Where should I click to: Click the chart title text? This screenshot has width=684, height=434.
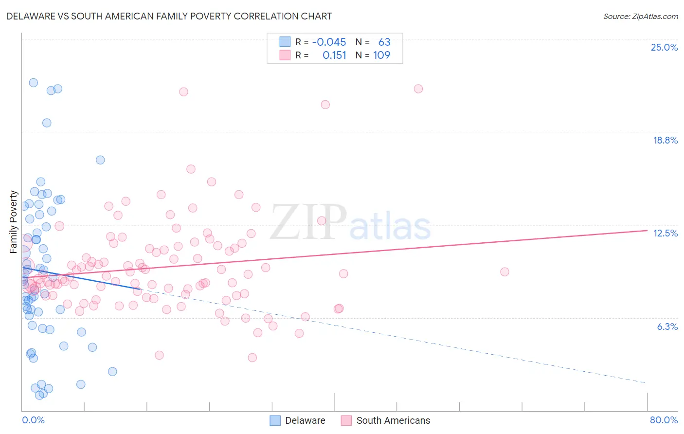click(x=169, y=16)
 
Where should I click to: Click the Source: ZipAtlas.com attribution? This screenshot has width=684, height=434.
click(x=640, y=16)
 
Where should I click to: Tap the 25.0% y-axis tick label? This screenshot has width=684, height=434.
click(x=664, y=47)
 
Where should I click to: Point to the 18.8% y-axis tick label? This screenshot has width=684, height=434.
click(x=665, y=140)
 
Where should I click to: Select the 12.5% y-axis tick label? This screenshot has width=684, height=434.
click(x=665, y=233)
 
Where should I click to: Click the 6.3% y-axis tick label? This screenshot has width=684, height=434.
click(x=667, y=326)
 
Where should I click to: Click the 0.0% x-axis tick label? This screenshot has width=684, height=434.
click(x=33, y=420)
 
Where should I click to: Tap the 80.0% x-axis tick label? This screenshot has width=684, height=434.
click(x=664, y=420)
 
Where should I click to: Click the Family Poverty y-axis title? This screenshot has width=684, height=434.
click(x=14, y=222)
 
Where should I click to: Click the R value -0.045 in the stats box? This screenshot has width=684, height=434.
click(x=329, y=42)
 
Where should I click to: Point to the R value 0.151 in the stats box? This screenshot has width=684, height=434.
click(x=334, y=55)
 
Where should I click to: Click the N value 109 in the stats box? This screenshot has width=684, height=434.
click(x=381, y=55)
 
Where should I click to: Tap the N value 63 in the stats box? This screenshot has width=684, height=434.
click(x=384, y=42)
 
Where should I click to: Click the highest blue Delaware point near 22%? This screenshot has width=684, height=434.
click(x=33, y=83)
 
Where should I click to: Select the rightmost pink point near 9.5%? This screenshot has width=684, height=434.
click(x=504, y=272)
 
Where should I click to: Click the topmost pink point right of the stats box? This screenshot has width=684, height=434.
click(x=418, y=89)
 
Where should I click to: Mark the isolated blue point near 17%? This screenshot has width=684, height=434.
click(x=100, y=160)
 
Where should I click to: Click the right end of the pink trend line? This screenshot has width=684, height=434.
click(x=647, y=230)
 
